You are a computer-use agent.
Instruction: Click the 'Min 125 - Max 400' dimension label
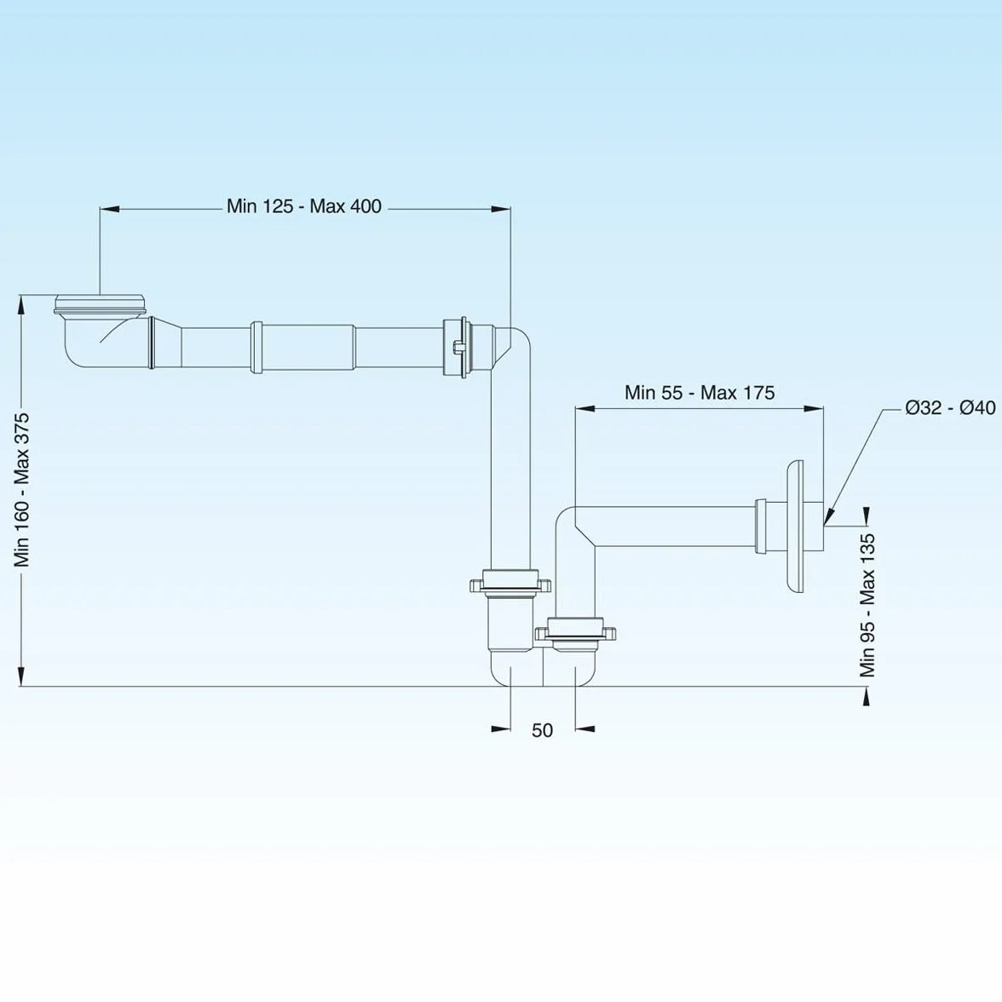304,206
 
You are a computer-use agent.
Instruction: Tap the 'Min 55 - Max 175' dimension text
700,392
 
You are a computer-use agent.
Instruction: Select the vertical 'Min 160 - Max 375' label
22,489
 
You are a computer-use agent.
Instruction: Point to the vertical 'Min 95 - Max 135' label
867,605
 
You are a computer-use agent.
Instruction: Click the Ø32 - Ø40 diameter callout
950,407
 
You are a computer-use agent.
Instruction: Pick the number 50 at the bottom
542,729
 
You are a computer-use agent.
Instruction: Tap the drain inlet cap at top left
100,304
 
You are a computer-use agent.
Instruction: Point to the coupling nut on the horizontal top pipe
458,346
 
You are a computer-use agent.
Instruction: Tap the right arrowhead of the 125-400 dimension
501,208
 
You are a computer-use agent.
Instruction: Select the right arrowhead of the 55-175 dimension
814,407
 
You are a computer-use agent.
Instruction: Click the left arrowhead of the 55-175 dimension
585,407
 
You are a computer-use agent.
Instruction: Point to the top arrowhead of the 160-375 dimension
21,304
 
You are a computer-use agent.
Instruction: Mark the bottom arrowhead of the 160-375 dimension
21,677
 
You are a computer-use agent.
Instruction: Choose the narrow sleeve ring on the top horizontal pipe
256,347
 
